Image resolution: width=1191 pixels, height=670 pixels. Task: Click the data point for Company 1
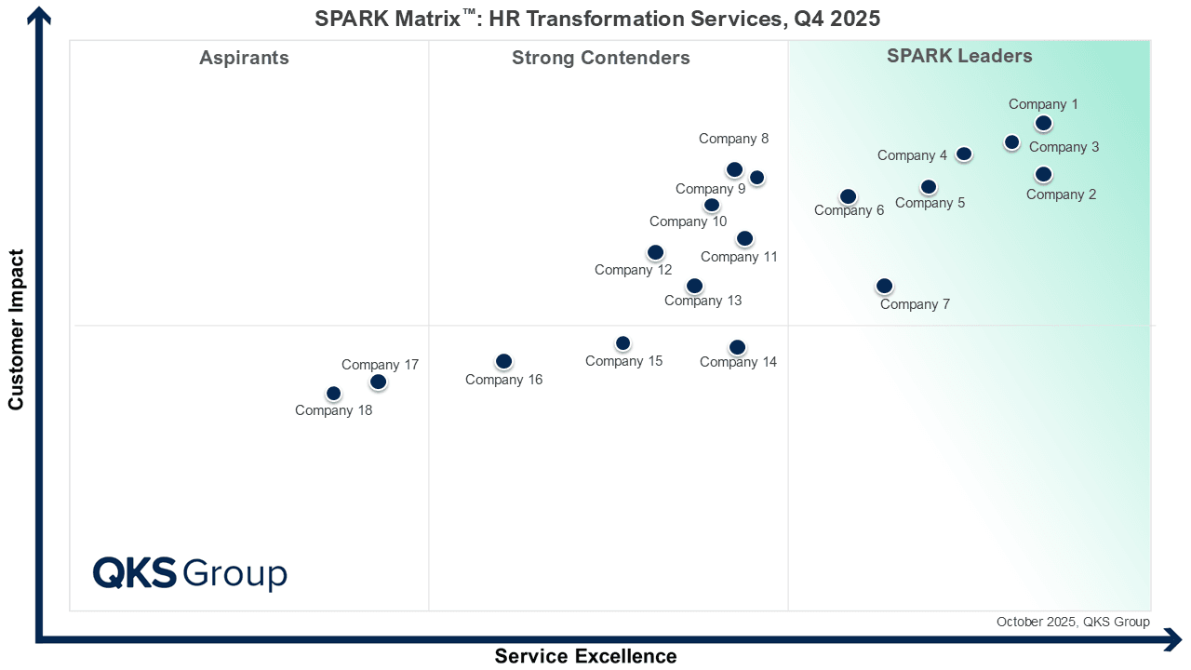(x=1043, y=123)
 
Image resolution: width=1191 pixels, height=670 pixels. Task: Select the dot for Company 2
(x=1043, y=174)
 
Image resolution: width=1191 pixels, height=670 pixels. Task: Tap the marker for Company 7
(x=884, y=286)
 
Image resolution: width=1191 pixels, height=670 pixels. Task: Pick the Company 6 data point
(x=848, y=196)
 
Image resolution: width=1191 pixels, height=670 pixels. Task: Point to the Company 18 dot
(x=333, y=394)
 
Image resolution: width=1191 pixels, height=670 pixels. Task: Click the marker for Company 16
(x=503, y=361)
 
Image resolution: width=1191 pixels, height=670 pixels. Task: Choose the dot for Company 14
(x=737, y=347)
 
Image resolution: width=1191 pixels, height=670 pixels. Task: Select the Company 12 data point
(x=655, y=252)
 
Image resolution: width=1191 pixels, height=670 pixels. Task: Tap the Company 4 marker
(x=964, y=154)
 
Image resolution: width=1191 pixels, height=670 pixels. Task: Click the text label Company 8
(x=733, y=139)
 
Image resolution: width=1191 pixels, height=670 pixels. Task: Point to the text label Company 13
(x=703, y=301)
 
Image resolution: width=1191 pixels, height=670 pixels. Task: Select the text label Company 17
(x=380, y=365)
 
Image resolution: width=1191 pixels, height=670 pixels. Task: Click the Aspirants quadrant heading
(x=244, y=58)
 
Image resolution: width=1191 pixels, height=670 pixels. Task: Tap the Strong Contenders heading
(x=600, y=58)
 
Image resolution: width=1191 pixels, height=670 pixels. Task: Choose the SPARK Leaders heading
(x=959, y=56)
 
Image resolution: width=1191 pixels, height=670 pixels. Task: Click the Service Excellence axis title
(x=585, y=656)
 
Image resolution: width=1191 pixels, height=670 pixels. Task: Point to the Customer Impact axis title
(x=16, y=328)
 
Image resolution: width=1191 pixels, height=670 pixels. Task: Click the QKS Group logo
(x=190, y=573)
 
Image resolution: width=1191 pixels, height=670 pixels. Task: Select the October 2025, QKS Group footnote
(x=1072, y=622)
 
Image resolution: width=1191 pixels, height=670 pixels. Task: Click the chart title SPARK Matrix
(x=596, y=18)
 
